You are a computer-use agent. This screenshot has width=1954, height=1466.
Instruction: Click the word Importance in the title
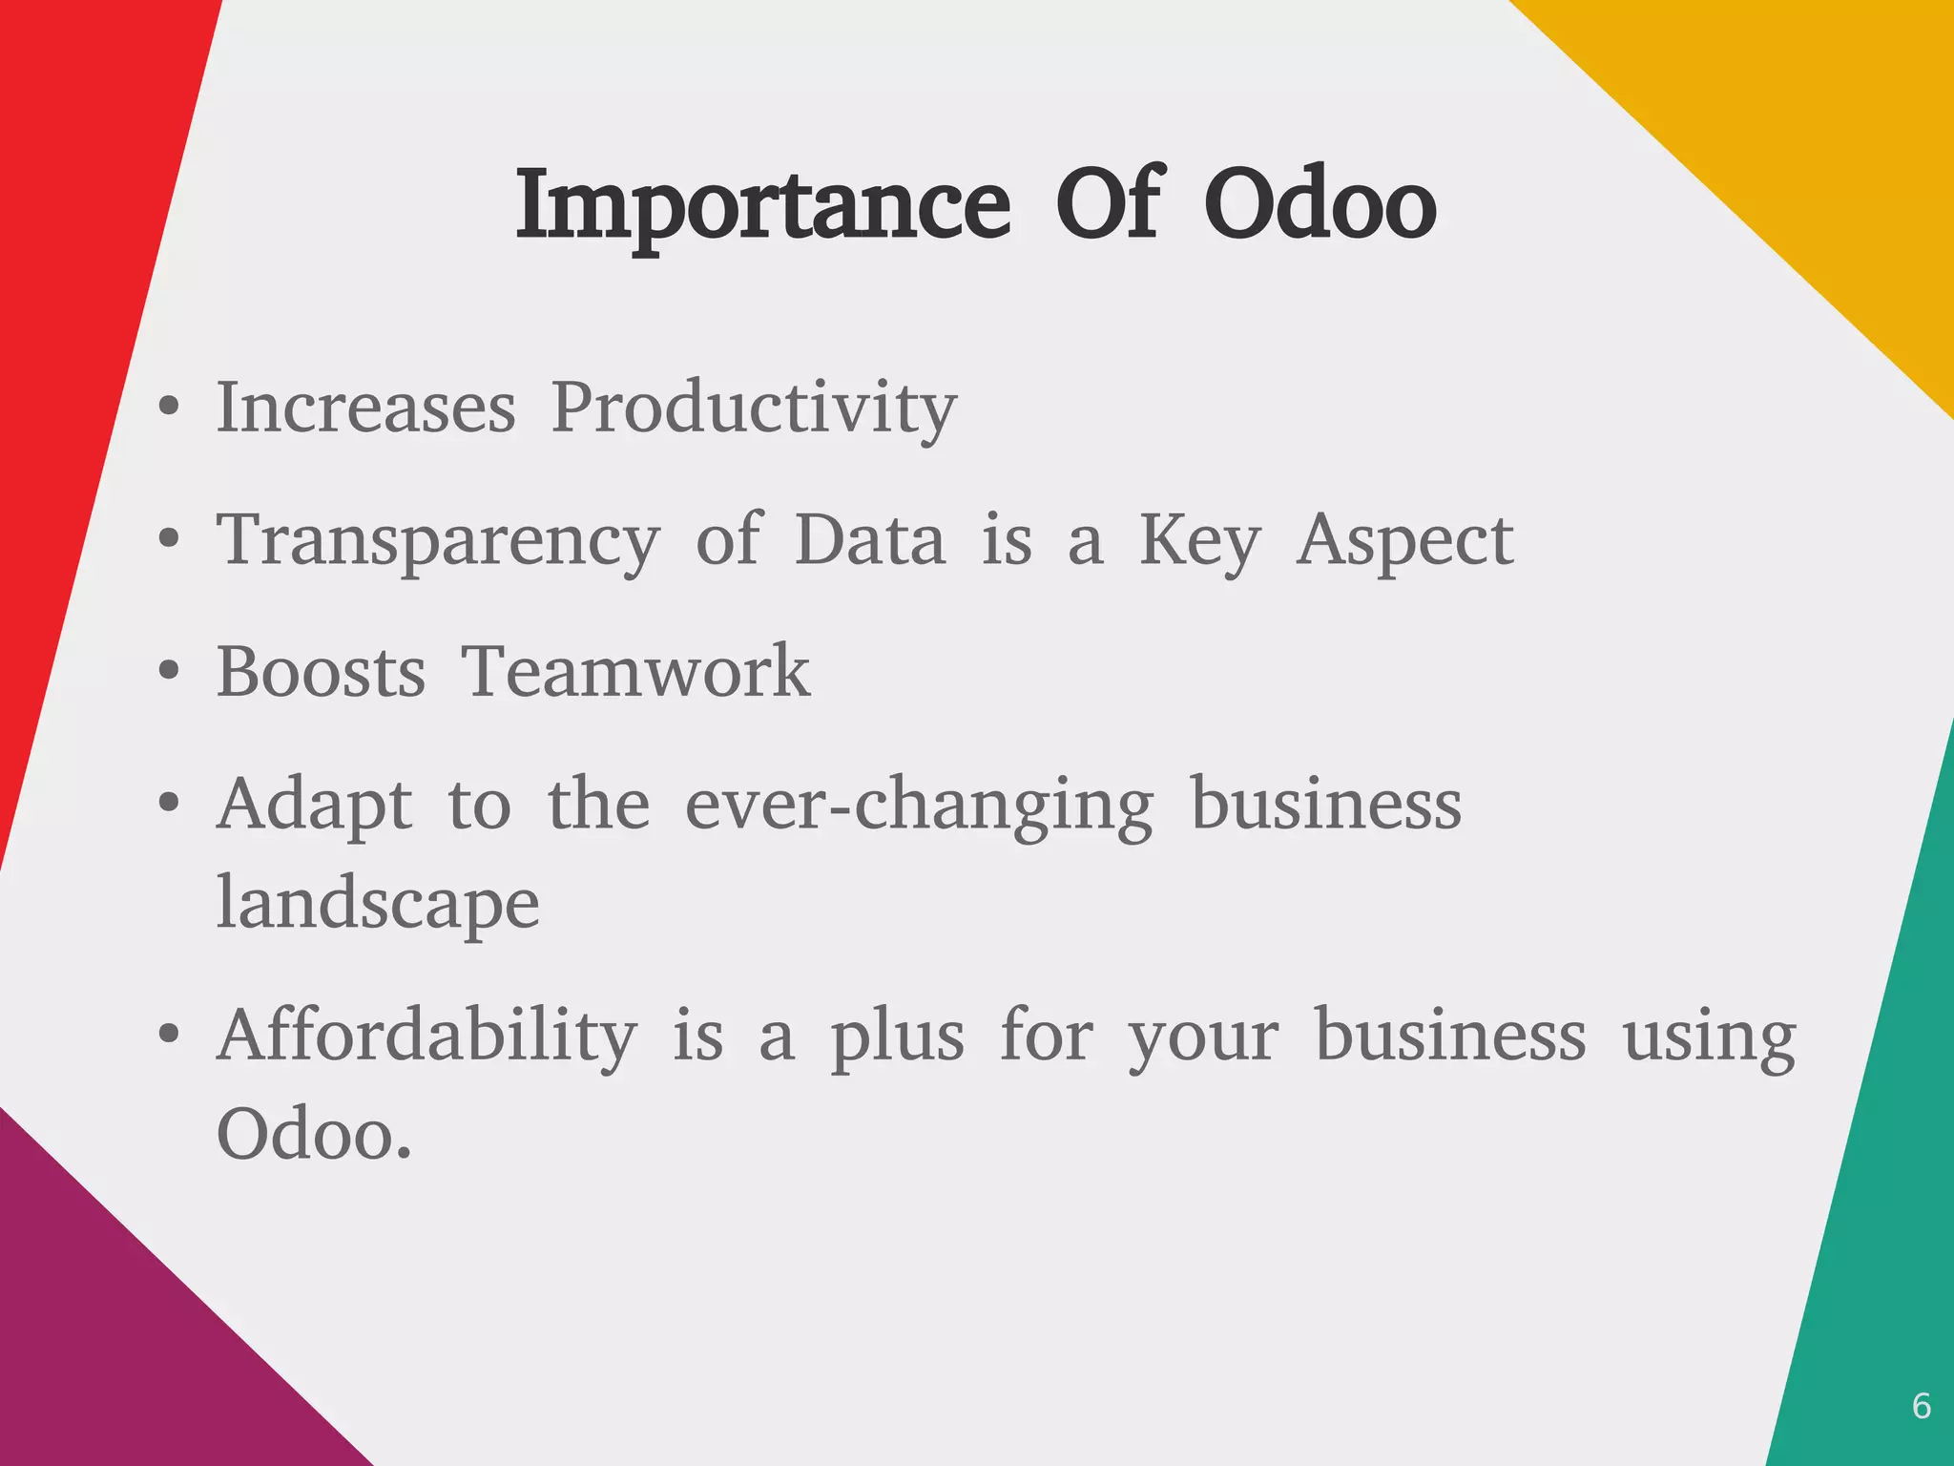point(761,205)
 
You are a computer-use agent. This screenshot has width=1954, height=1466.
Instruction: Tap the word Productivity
point(754,408)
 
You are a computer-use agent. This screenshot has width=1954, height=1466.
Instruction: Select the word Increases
point(366,408)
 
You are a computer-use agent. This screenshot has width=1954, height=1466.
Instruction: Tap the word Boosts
point(321,672)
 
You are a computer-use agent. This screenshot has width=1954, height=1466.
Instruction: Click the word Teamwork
point(635,672)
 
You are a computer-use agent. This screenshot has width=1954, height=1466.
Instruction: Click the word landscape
point(378,903)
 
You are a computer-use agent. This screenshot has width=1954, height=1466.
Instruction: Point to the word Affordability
point(426,1036)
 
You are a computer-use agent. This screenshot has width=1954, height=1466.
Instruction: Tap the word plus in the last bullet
point(897,1037)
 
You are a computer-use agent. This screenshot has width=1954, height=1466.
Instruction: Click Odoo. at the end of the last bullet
point(314,1135)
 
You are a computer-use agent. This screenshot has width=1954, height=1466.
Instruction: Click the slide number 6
point(1922,1406)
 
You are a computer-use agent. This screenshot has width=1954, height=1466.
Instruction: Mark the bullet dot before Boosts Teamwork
point(169,672)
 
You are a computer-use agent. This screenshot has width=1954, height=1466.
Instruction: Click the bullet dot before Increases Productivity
point(169,408)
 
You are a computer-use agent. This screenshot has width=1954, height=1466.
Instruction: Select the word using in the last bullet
point(1709,1037)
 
